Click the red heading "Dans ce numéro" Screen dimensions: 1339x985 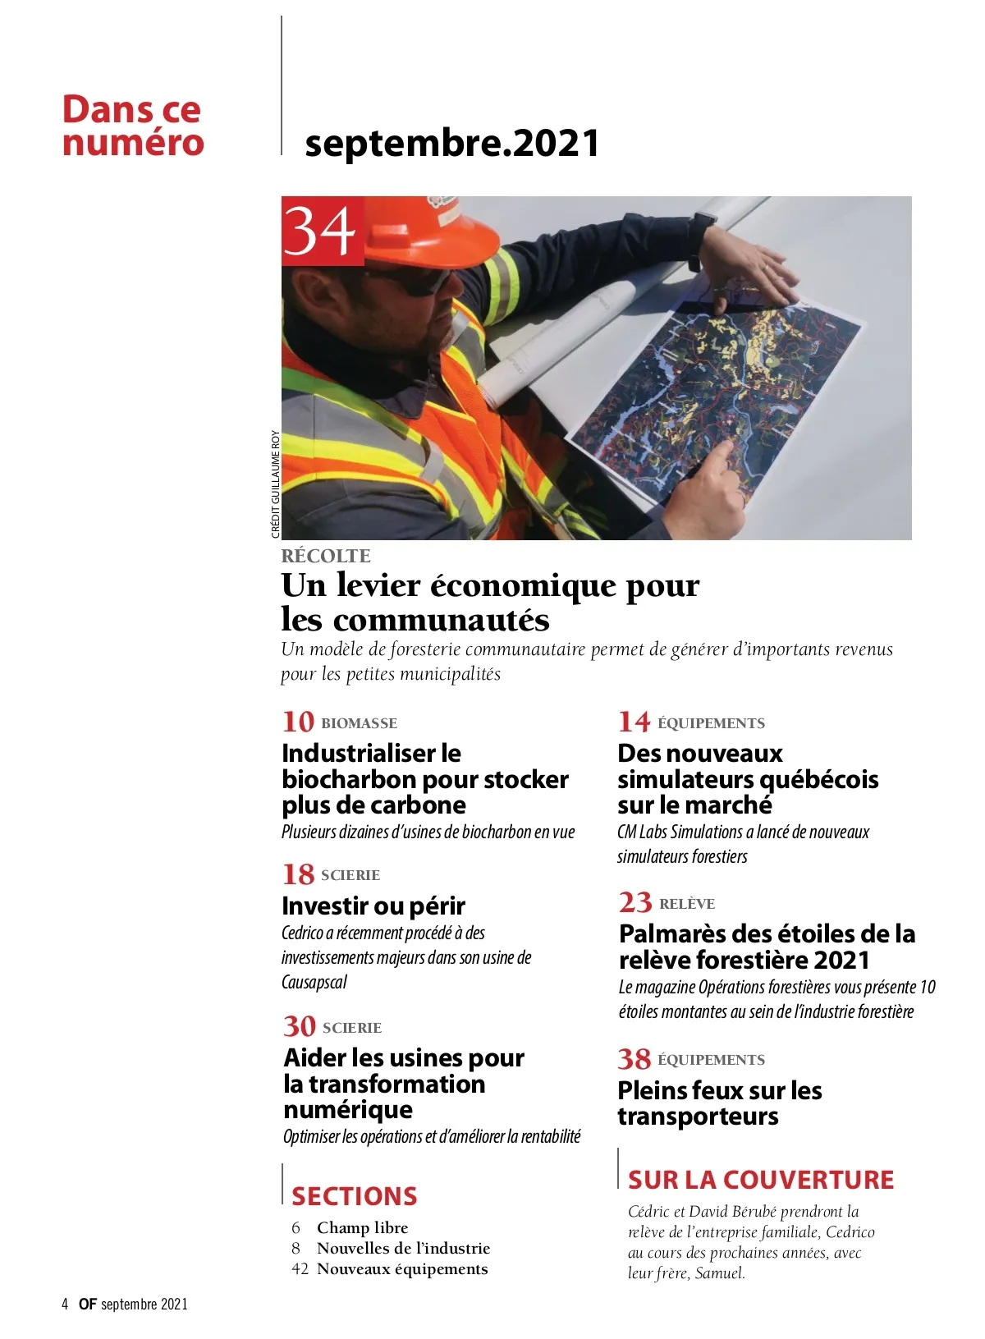[133, 126]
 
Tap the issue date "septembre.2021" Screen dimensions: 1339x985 [451, 143]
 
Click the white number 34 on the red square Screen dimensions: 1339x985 [322, 232]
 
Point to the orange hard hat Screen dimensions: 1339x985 [427, 226]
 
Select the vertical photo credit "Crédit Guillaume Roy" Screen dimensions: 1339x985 [275, 484]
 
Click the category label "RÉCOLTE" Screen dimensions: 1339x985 [326, 556]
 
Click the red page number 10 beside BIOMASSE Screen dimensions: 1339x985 [298, 722]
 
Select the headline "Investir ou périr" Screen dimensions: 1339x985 [373, 906]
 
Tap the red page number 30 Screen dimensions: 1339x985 [300, 1026]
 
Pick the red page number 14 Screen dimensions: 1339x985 [634, 722]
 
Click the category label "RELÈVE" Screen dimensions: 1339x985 [687, 904]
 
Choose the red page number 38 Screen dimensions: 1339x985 [635, 1059]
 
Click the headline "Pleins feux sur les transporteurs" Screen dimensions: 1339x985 [719, 1103]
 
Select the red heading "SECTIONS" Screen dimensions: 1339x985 [355, 1196]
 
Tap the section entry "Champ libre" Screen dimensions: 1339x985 [362, 1227]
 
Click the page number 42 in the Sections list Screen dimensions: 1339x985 [300, 1269]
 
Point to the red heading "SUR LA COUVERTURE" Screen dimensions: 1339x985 [761, 1180]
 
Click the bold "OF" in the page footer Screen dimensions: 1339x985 [88, 1305]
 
